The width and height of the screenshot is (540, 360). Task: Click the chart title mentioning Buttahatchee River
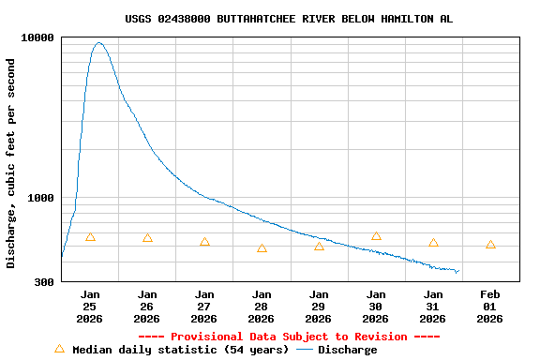[289, 19]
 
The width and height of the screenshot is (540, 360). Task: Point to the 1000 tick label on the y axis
[40, 198]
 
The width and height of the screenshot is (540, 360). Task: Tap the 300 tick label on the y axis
[44, 281]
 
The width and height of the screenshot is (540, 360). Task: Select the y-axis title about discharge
[11, 163]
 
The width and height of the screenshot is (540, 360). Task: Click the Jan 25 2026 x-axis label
[90, 307]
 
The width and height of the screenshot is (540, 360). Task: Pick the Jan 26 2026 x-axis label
[147, 307]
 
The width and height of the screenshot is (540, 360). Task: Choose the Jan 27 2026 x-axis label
[204, 307]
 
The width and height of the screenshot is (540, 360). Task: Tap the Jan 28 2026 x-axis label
[262, 307]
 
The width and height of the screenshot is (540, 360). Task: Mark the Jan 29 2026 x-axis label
[319, 307]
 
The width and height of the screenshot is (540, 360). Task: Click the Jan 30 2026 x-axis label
[376, 307]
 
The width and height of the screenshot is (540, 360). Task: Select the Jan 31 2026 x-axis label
[433, 307]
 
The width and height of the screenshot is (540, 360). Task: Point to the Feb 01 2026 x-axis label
[490, 307]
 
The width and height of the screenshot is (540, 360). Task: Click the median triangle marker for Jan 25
[90, 237]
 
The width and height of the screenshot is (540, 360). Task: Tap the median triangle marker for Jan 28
[262, 248]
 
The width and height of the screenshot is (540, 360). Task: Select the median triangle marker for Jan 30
[376, 236]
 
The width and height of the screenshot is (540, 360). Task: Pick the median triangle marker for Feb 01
[490, 245]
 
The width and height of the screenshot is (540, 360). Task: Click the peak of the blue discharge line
[99, 42]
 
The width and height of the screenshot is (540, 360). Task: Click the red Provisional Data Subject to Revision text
[289, 337]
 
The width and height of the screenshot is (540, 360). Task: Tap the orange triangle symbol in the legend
[60, 349]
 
